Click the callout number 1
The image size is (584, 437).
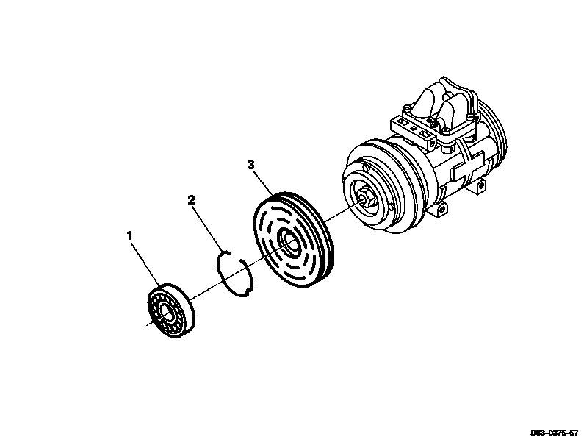[129, 235]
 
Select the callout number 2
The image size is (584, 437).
[191, 200]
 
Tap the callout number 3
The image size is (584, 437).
[251, 165]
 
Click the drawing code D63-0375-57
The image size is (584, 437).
[554, 433]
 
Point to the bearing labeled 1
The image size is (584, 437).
[171, 310]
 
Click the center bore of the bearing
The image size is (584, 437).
[166, 313]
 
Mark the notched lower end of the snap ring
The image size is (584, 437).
[247, 293]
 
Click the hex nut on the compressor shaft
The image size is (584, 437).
[363, 198]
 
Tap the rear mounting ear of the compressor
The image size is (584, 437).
[481, 185]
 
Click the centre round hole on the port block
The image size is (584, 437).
[412, 128]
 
